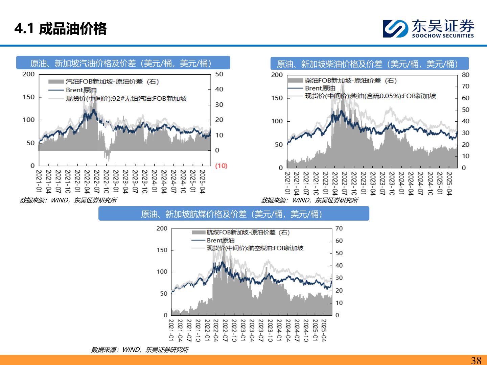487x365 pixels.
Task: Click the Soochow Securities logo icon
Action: (395, 29)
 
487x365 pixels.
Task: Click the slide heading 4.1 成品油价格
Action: (61, 29)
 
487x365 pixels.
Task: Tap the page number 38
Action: (476, 360)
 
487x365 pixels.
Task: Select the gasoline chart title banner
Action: (123, 63)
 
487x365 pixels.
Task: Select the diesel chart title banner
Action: (369, 64)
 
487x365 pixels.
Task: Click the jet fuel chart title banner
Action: (234, 214)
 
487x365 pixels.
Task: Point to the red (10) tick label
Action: (221, 166)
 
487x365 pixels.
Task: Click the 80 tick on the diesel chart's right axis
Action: (466, 75)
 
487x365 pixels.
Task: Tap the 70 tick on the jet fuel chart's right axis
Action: (339, 228)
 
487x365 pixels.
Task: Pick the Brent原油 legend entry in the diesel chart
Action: (320, 88)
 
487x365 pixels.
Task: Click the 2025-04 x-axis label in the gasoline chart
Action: (202, 181)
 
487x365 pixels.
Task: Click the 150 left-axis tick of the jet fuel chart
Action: (162, 250)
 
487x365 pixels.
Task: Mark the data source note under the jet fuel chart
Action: (139, 350)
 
